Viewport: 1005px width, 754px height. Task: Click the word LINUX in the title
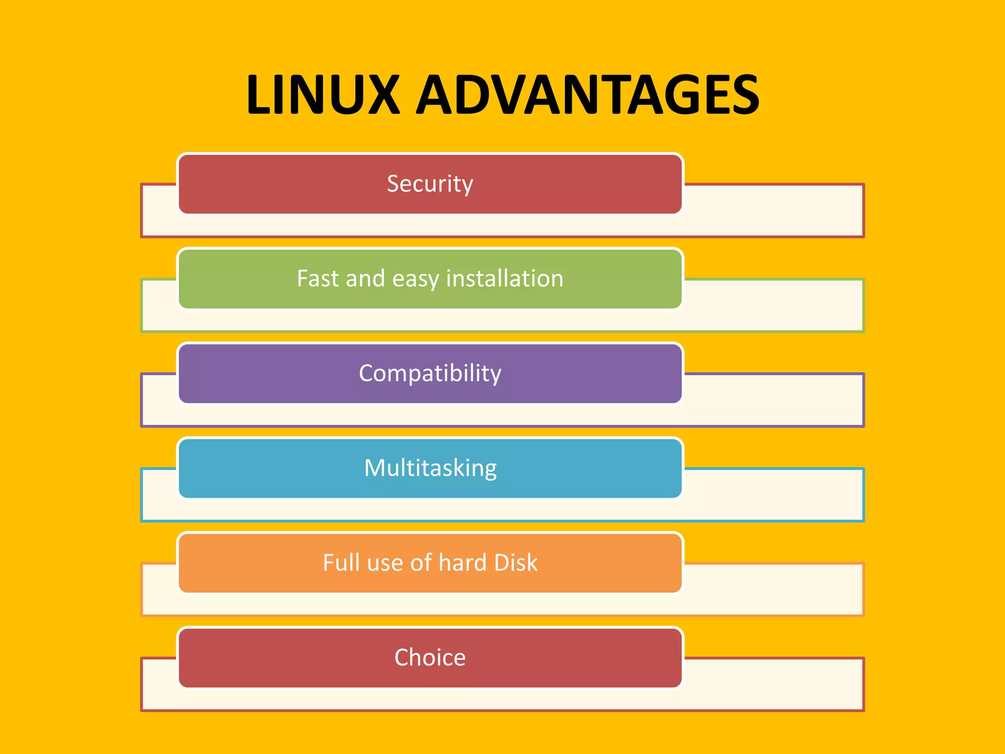coord(323,94)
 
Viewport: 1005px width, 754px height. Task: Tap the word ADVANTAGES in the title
coord(587,94)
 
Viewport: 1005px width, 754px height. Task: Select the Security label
coord(430,184)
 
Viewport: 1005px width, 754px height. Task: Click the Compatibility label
coord(430,374)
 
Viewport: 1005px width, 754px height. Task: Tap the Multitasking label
coord(430,468)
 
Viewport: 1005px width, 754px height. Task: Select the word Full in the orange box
coord(342,563)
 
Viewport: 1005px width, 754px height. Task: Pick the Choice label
coord(430,657)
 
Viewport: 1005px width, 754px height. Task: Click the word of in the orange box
coord(421,563)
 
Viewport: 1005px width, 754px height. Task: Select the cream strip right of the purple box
coord(773,400)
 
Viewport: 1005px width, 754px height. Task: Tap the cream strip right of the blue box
coord(773,495)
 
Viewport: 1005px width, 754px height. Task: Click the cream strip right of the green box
coord(773,305)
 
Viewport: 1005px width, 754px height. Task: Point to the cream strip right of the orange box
coord(773,589)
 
